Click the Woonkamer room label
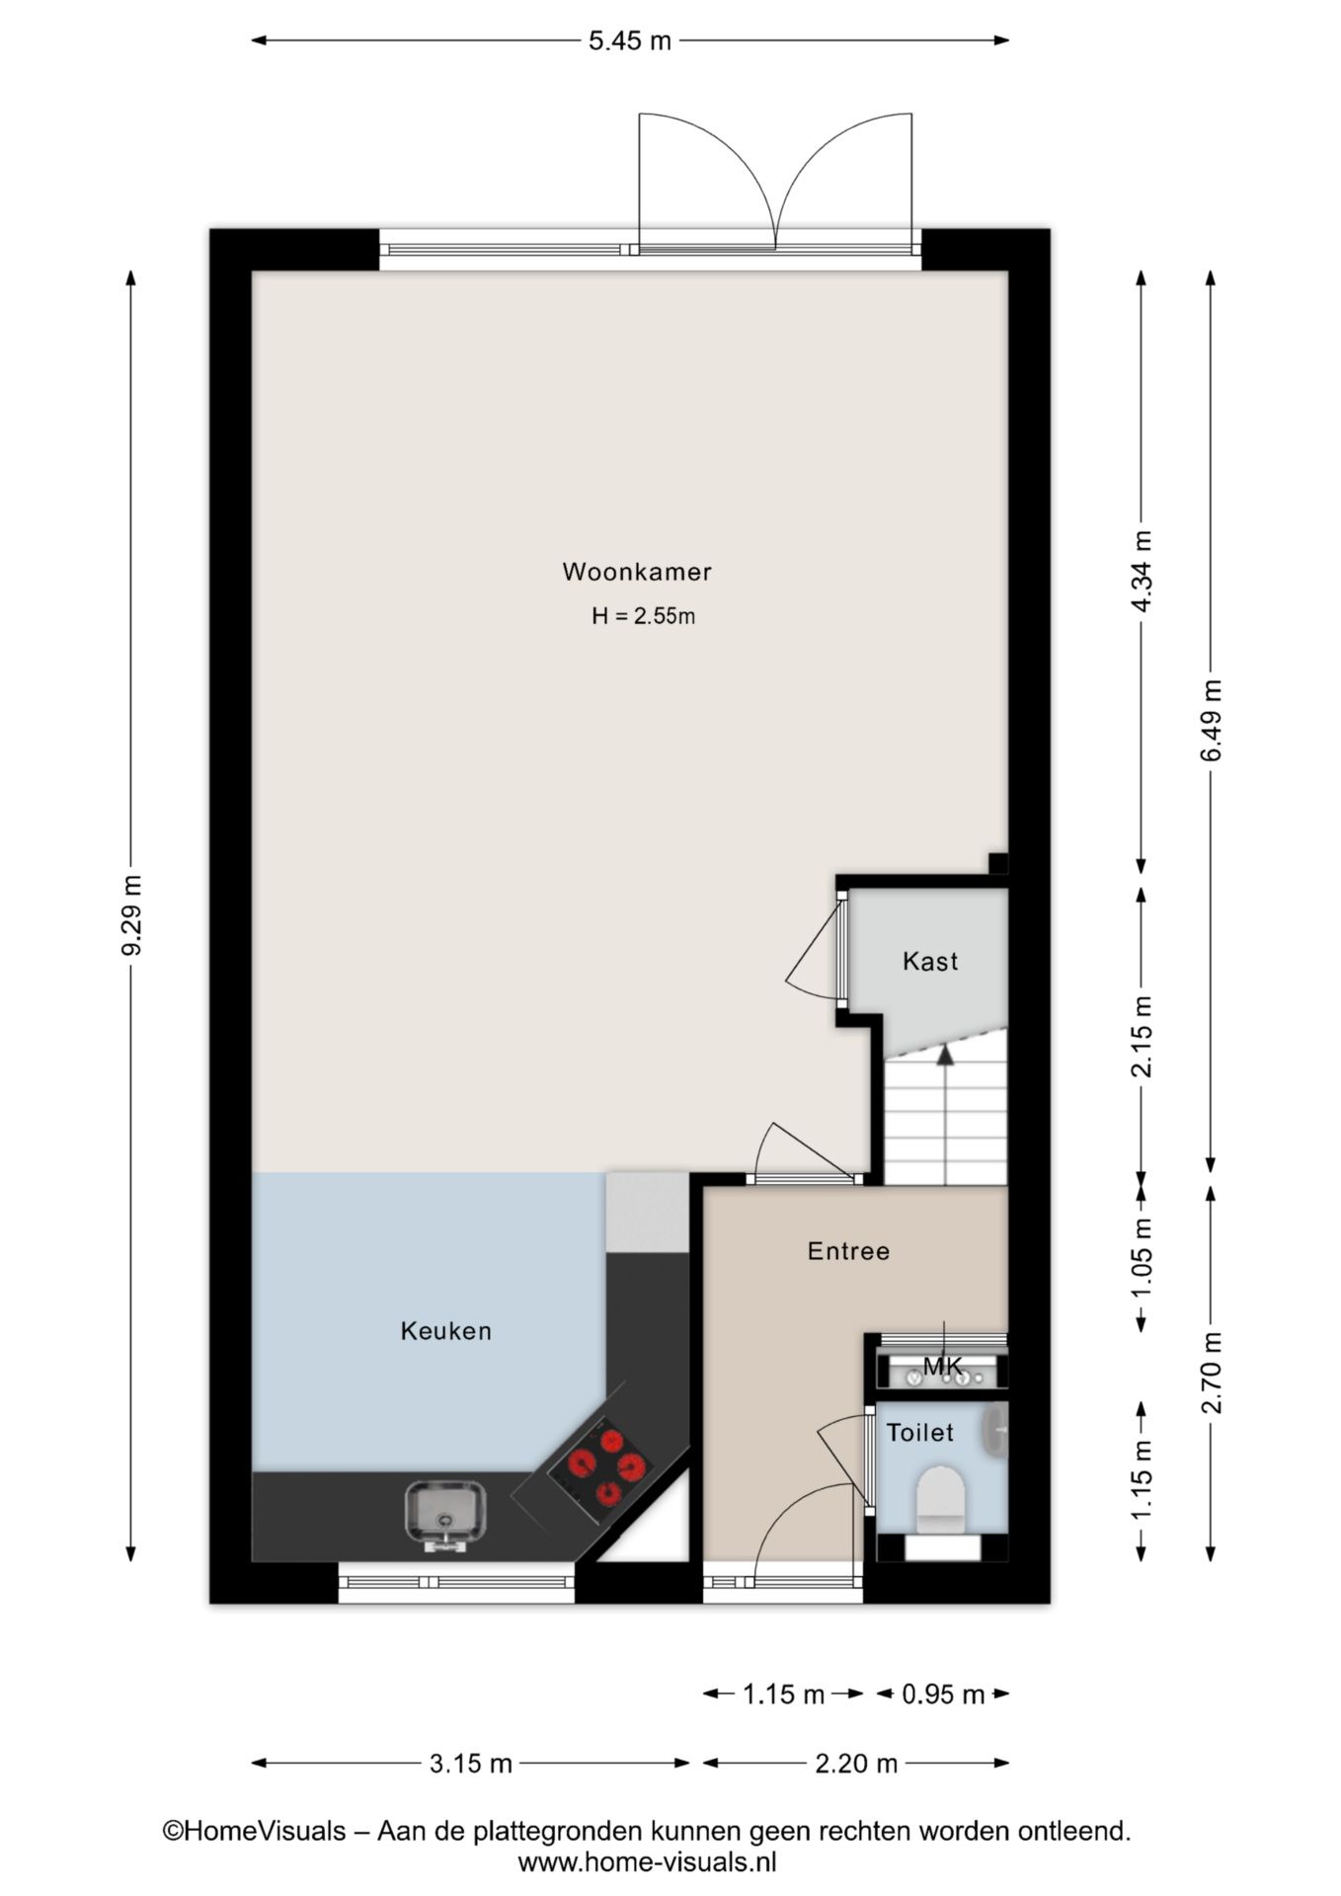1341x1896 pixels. tap(637, 572)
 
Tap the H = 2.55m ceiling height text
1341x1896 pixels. tap(643, 616)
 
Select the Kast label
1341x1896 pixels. tap(930, 961)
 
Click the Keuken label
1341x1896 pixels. tap(445, 1331)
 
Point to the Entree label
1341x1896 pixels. tap(848, 1251)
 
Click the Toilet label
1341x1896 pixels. tap(919, 1433)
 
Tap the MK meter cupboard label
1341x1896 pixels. tap(942, 1366)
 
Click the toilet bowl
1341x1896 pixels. tap(939, 1497)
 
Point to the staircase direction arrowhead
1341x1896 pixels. tap(945, 1054)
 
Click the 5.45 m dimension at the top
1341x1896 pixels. tap(630, 40)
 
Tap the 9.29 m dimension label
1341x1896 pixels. tap(131, 914)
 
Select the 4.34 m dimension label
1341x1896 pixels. tap(1142, 572)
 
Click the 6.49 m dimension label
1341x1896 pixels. tap(1212, 720)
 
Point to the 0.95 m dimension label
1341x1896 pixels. tap(943, 1695)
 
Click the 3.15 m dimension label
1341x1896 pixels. tap(471, 1764)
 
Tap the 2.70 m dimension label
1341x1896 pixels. tap(1212, 1373)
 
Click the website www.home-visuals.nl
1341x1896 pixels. tap(647, 1862)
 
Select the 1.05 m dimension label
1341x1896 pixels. tap(1142, 1259)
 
